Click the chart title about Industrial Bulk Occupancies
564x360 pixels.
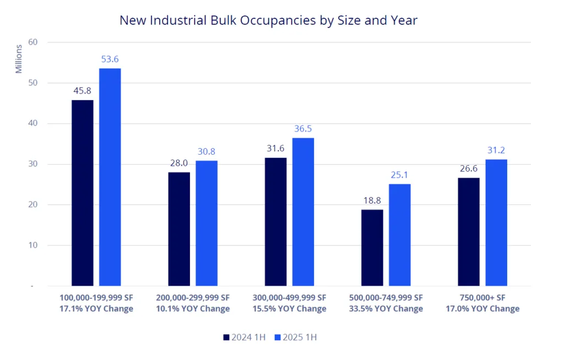tap(269, 21)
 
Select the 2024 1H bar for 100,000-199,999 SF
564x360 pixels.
tap(82, 193)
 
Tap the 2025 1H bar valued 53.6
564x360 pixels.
tap(110, 177)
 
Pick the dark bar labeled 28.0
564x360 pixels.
tap(179, 229)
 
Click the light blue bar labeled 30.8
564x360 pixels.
tap(207, 223)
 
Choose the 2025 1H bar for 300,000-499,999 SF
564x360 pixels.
tap(303, 211)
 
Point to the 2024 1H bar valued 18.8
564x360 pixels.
tap(372, 248)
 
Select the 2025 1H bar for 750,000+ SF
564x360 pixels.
tap(496, 222)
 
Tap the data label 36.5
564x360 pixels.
tap(303, 129)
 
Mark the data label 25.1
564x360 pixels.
tap(399, 175)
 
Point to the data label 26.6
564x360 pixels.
tap(469, 168)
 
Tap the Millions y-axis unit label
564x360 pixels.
tap(19, 58)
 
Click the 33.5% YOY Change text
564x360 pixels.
tap(386, 309)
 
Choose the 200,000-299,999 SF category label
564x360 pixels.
tap(193, 297)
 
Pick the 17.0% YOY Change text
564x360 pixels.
tap(482, 309)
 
